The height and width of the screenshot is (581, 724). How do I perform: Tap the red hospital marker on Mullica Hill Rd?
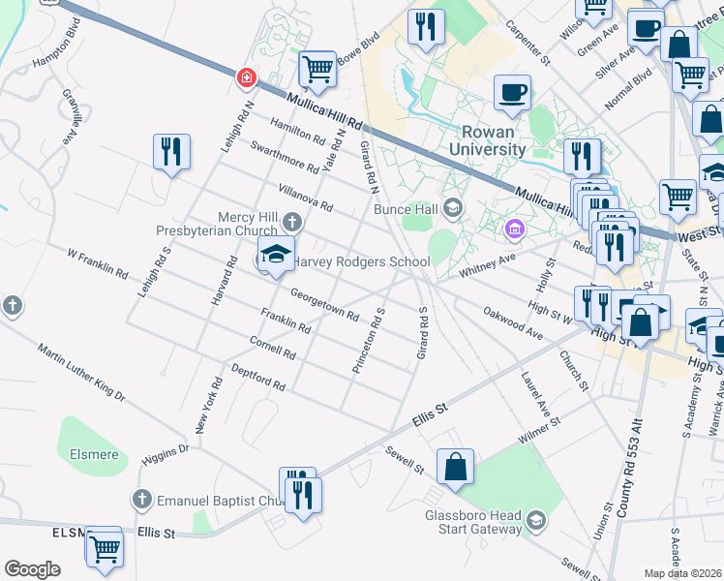click(x=248, y=76)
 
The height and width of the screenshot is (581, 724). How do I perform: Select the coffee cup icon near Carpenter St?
click(x=512, y=94)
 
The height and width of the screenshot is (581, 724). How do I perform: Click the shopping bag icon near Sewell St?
click(x=455, y=467)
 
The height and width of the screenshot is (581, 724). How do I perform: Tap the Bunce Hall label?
click(x=407, y=208)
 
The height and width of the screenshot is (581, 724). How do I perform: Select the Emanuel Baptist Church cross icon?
click(x=141, y=500)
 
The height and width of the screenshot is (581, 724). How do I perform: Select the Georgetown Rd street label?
click(x=324, y=308)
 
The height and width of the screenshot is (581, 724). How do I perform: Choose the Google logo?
click(x=32, y=569)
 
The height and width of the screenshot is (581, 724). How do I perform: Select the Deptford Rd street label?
click(x=258, y=378)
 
